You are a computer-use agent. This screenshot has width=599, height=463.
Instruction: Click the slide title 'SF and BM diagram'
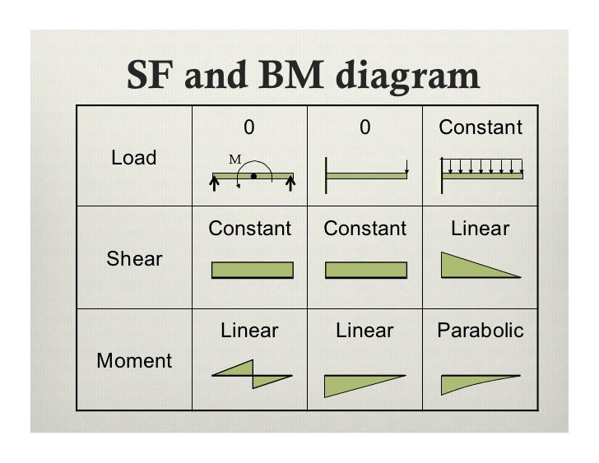[303, 76]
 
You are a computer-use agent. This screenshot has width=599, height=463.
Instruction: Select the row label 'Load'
[134, 158]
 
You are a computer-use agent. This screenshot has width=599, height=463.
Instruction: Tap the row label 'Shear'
[135, 259]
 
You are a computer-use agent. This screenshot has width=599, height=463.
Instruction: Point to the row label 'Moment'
[134, 360]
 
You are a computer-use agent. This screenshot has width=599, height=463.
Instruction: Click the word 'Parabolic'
[480, 331]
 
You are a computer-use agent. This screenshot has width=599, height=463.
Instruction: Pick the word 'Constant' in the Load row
[480, 127]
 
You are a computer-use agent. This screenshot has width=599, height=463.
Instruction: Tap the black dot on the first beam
[254, 176]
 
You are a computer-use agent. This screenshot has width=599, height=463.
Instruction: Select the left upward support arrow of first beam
[214, 186]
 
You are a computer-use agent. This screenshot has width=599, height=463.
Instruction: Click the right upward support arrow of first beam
[290, 186]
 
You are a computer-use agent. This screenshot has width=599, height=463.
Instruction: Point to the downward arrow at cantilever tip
[406, 168]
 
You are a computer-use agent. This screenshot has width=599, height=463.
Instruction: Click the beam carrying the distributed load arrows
[483, 176]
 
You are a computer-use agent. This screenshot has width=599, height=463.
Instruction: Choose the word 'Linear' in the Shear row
[480, 229]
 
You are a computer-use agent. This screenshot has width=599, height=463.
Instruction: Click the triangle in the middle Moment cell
[354, 385]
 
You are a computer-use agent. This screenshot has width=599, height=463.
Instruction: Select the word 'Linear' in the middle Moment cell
[365, 331]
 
